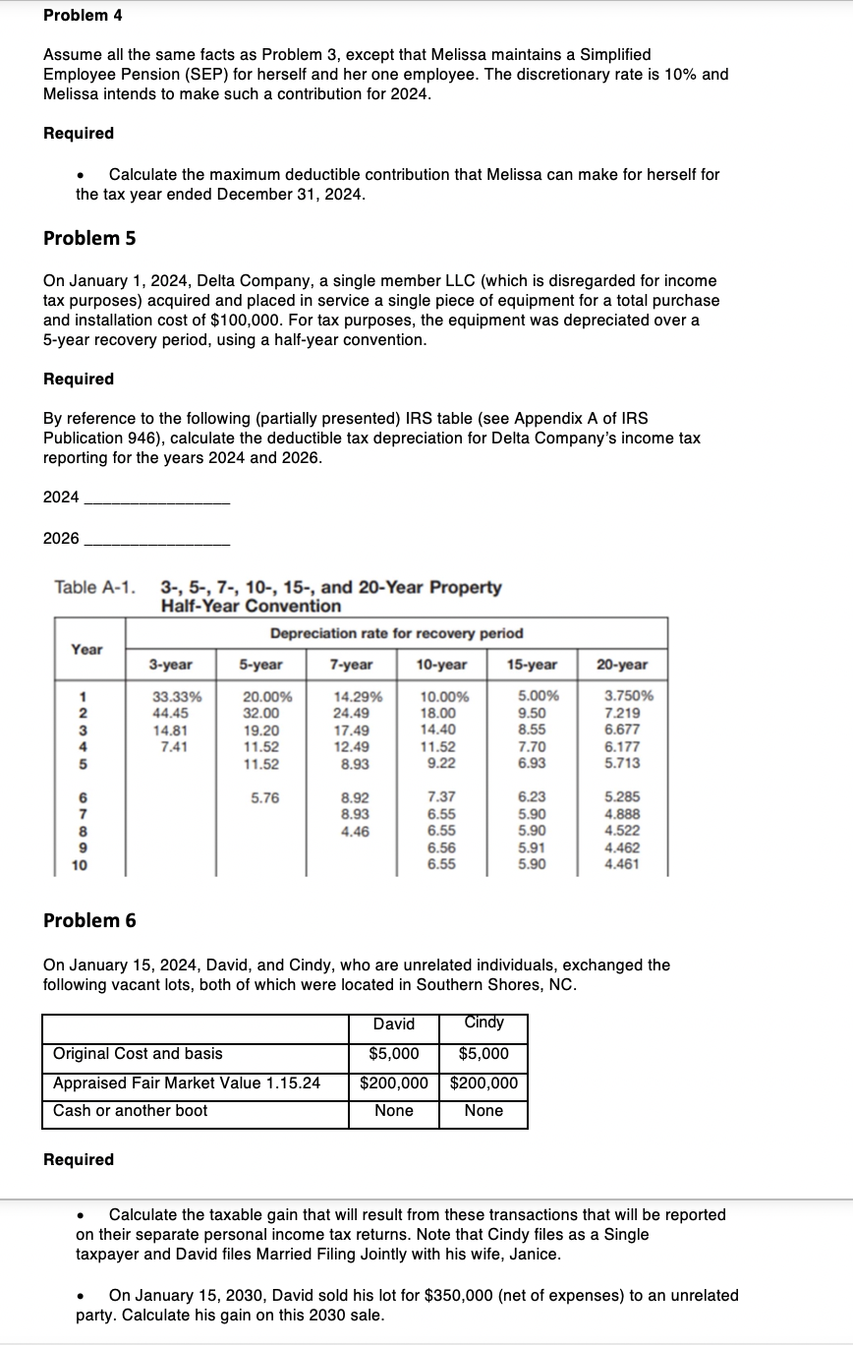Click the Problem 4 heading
tap(83, 16)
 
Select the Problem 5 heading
tap(89, 238)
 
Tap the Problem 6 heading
tap(89, 920)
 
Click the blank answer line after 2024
tap(157, 503)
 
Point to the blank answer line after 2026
tap(157, 544)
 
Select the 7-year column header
tap(352, 665)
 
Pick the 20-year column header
tap(623, 665)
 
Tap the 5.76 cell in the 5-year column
tap(263, 797)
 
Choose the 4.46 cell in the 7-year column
tap(352, 831)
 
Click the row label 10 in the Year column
tap(80, 865)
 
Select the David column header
tap(394, 1023)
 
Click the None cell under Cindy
tap(483, 1110)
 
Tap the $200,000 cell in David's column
tap(394, 1082)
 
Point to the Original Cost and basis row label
tap(138, 1053)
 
